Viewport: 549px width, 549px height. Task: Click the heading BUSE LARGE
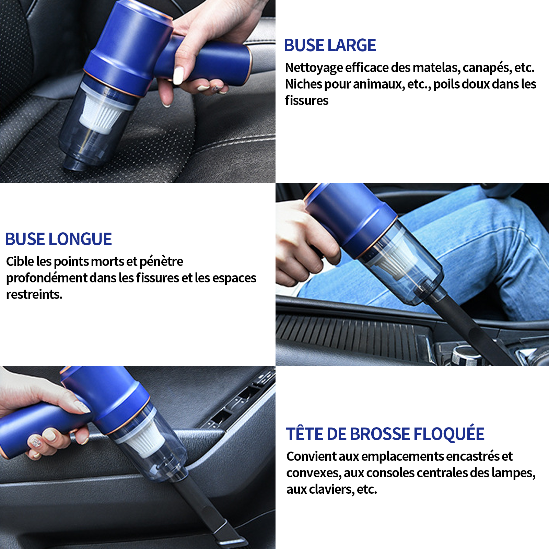[330, 45]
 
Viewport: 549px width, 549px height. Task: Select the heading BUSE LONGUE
[58, 239]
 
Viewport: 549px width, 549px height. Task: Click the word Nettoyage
[314, 68]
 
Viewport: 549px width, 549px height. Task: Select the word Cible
[20, 261]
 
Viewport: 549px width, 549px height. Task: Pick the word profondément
[47, 278]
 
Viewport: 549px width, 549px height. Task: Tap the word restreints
[34, 294]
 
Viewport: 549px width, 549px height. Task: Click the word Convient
[312, 456]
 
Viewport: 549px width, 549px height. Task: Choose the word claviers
[330, 489]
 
